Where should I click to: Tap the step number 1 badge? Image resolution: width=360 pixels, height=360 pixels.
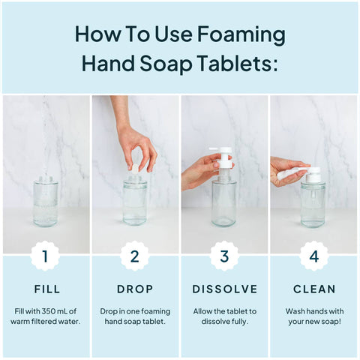(x=45, y=256)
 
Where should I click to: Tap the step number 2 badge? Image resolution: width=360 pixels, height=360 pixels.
(x=135, y=256)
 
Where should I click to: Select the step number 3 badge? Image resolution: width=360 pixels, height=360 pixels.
(x=224, y=256)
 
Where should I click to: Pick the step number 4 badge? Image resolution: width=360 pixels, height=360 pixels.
(x=314, y=256)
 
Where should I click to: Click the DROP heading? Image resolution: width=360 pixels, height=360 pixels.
(x=135, y=289)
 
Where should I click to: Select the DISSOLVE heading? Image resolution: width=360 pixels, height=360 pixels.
(x=224, y=289)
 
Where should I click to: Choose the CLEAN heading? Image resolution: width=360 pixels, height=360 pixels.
(x=314, y=289)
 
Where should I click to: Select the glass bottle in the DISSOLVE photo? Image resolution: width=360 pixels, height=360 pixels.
(x=223, y=202)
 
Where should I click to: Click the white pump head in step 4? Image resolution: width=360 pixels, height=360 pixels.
(x=309, y=174)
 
